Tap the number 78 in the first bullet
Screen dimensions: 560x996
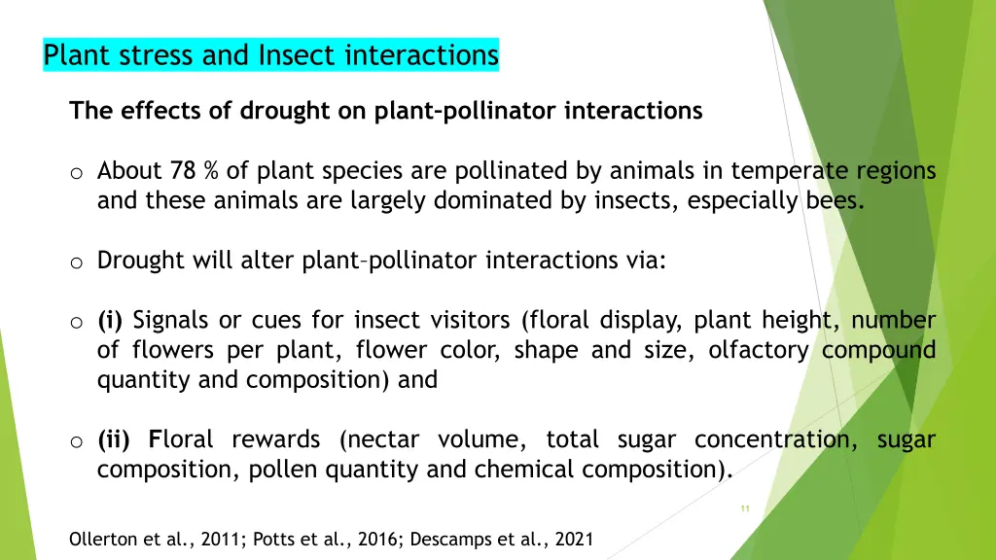pos(182,171)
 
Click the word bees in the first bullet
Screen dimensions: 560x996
pos(835,201)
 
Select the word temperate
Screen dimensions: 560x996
pos(790,171)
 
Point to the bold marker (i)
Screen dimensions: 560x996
pos(110,320)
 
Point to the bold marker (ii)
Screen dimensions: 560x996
pos(114,439)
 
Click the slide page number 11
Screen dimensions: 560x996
pos(745,508)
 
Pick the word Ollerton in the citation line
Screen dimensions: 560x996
pos(102,539)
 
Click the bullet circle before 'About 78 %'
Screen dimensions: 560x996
pos(75,173)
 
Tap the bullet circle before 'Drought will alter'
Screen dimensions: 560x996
pos(75,262)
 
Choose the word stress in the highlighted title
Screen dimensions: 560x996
pos(157,55)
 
